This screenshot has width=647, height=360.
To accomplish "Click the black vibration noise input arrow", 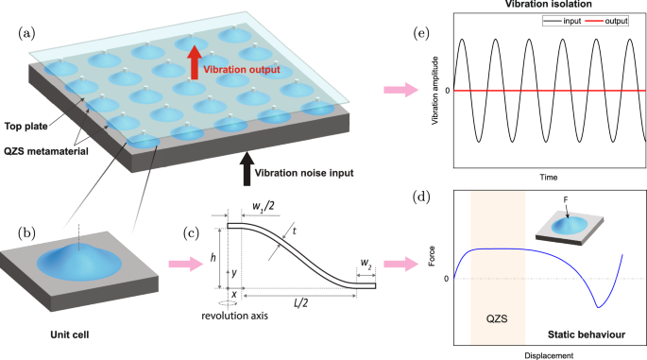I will coord(247,162).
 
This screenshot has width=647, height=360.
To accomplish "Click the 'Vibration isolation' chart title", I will coord(551,7).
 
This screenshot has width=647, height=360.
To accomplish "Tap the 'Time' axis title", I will coord(550,177).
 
